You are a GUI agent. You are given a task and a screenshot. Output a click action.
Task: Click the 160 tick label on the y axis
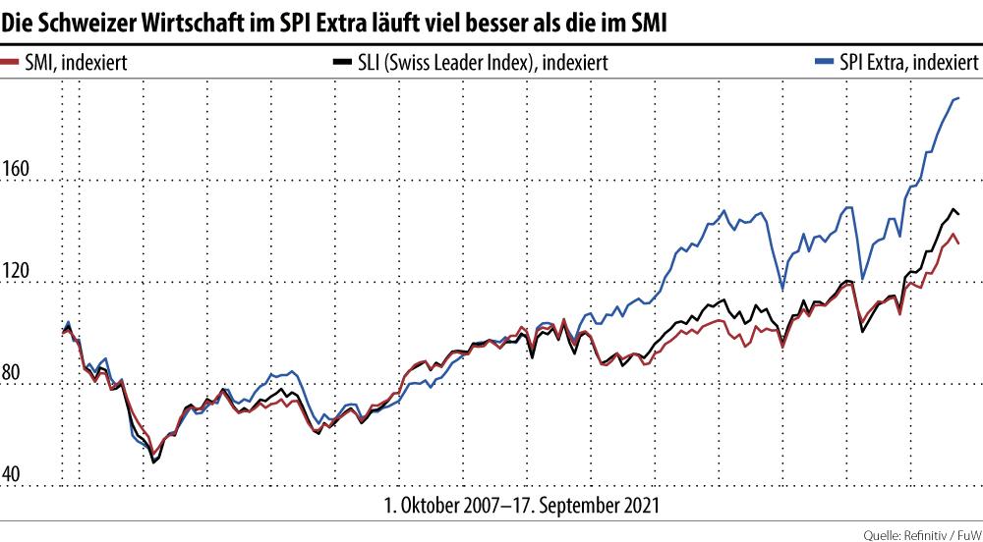(17, 170)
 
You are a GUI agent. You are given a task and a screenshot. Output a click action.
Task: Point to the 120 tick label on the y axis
(17, 272)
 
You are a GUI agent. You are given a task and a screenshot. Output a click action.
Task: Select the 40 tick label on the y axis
(13, 475)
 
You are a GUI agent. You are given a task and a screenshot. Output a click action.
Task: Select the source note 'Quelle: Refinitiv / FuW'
(921, 534)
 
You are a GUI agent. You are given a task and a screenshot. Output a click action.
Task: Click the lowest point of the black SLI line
(153, 461)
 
